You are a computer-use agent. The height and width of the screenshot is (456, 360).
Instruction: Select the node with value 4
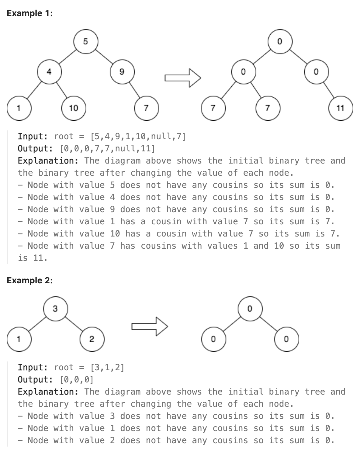point(49,72)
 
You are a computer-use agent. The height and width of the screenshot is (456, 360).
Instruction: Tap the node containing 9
point(122,72)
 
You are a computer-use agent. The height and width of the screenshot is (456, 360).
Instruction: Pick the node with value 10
point(74,108)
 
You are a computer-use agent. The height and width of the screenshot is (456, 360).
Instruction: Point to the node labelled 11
point(341,108)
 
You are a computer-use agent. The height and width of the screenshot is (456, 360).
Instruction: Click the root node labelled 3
point(55,309)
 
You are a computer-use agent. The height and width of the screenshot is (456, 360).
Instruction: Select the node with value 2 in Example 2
point(92,339)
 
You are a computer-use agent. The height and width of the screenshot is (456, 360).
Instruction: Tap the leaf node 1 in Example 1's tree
point(19,108)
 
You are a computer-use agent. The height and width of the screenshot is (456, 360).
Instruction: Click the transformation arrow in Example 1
point(183,78)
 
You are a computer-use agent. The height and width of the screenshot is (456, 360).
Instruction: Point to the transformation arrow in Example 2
point(149,326)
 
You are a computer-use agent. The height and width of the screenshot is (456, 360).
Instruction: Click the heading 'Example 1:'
point(29,13)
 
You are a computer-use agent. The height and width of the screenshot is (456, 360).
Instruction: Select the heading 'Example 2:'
point(29,280)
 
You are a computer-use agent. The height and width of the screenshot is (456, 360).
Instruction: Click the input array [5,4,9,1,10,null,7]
point(138,136)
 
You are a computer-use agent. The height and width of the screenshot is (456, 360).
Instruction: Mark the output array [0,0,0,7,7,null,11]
point(107,149)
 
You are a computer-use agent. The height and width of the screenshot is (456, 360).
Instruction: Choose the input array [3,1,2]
point(107,368)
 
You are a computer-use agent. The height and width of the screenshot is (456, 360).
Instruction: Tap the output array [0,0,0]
point(77,380)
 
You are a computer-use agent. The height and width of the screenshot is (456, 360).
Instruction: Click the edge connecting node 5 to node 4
point(67,56)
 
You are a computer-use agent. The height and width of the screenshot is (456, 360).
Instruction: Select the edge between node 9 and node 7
point(134,90)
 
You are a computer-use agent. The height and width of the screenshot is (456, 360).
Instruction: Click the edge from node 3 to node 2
point(74,324)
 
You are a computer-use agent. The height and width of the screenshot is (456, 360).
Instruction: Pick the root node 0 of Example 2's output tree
point(250,309)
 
